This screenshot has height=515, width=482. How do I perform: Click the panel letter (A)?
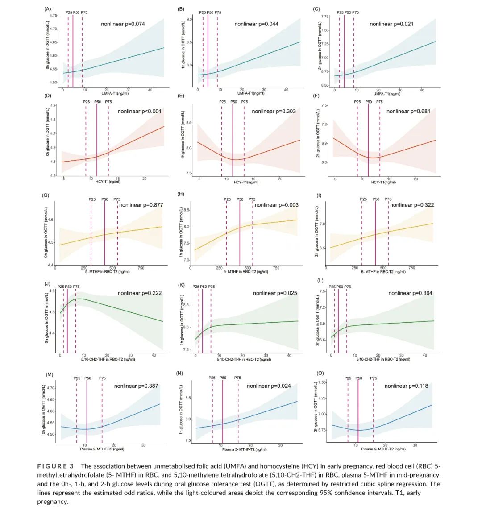click(48, 9)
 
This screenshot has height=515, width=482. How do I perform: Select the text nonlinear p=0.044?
click(256, 24)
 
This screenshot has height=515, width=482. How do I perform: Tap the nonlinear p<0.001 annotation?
click(139, 111)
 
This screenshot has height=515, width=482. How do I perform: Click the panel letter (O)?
click(320, 373)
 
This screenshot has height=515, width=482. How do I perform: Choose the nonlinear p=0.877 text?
click(141, 205)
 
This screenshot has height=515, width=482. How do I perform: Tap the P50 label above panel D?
click(97, 102)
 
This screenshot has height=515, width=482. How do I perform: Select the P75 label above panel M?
click(102, 378)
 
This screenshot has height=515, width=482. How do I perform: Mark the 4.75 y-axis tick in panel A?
click(54, 16)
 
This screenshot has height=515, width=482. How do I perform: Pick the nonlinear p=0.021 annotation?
click(391, 24)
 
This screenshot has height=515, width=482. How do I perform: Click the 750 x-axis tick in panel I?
click(411, 268)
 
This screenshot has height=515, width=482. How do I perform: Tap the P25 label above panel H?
click(227, 199)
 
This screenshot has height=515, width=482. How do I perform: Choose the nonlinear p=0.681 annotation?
click(408, 111)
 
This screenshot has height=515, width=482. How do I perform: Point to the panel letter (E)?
click(181, 96)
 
